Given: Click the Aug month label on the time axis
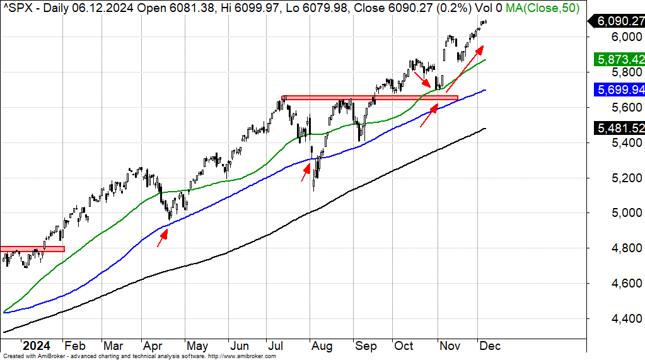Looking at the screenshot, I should (322, 346).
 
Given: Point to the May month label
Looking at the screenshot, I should (197, 346).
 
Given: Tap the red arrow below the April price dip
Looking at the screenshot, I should (162, 238).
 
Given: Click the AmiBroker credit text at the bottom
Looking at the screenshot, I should (139, 356).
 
